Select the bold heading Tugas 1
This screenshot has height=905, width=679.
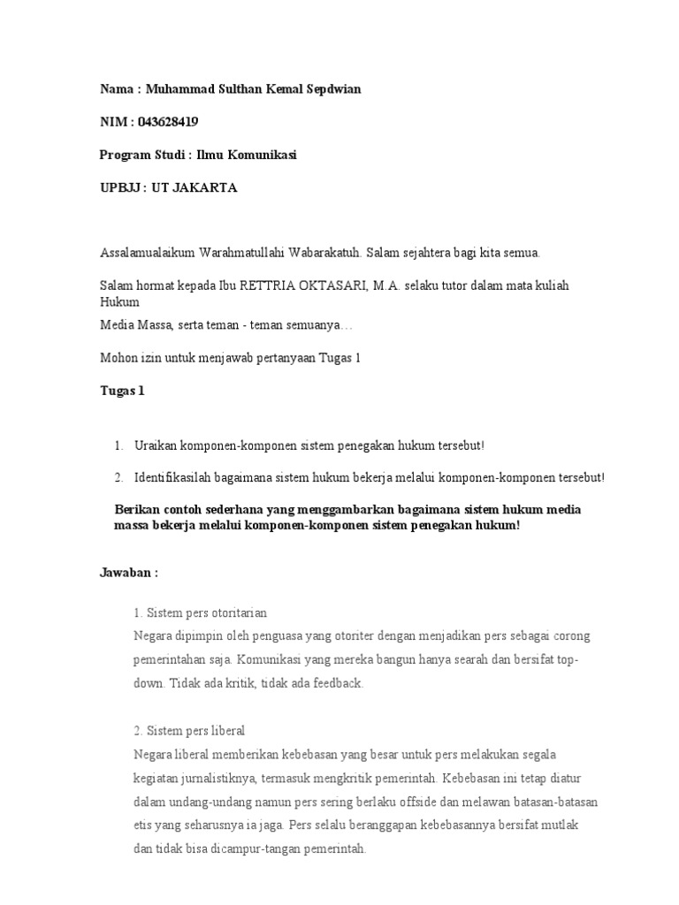tap(122, 390)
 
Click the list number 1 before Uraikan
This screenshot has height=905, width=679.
tap(118, 445)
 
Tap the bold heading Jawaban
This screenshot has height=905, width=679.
tap(126, 572)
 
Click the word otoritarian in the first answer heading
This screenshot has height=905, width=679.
tap(237, 612)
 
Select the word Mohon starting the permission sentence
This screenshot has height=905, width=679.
tap(118, 357)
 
